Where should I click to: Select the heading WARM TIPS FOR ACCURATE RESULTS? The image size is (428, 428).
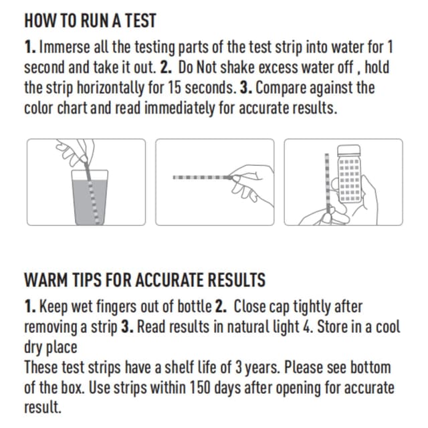144,279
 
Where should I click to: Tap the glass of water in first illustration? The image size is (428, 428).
89,197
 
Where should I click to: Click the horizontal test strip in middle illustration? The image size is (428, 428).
199,178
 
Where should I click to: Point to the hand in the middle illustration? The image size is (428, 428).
247,184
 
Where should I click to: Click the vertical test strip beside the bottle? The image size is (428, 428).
326,184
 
